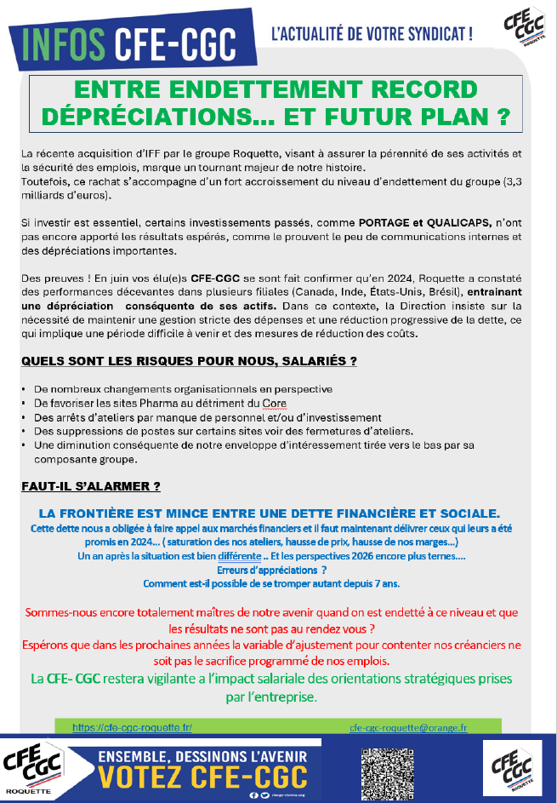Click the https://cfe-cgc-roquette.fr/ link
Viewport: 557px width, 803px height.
point(133,727)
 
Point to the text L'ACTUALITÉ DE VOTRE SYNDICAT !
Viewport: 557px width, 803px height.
point(372,35)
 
